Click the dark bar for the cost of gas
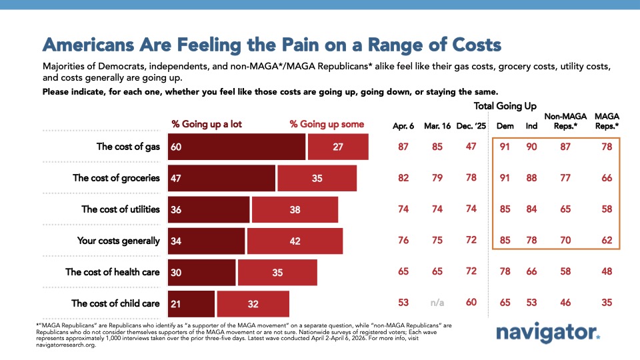tap(236, 147)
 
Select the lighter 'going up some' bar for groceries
tap(317, 178)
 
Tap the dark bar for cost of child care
tap(191, 303)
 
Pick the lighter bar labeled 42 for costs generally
tap(295, 241)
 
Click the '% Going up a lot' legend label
tap(202, 124)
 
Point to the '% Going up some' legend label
tap(327, 124)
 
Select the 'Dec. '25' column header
tap(472, 125)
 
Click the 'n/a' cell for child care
tap(437, 303)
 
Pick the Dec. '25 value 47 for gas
tap(472, 147)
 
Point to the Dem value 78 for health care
tap(505, 272)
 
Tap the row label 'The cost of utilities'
tap(121, 209)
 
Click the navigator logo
tap(547, 333)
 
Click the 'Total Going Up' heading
tap(505, 106)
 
